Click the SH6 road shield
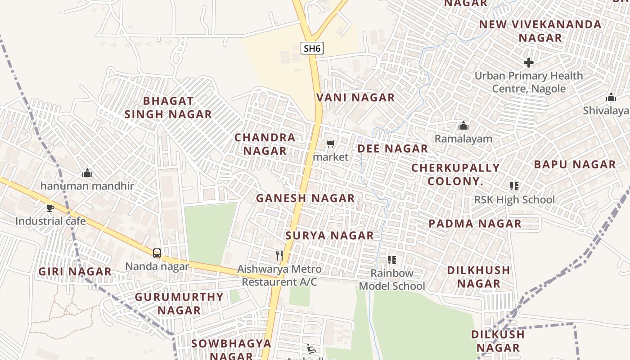(x=312, y=48)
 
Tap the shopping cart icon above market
(x=331, y=144)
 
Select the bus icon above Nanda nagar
(x=157, y=253)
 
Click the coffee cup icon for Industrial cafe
(x=50, y=208)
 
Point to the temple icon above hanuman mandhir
(x=87, y=173)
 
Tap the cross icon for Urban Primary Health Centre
(x=529, y=62)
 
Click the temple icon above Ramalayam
(x=463, y=126)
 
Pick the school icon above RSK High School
(x=514, y=186)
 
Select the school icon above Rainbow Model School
(x=392, y=260)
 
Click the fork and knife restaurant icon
(x=279, y=256)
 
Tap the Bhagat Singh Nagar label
(x=168, y=108)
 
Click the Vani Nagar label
(x=355, y=98)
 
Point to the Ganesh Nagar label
(x=305, y=198)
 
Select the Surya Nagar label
(x=329, y=235)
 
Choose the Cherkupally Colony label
(x=455, y=174)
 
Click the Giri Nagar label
(x=75, y=271)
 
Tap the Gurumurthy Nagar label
(x=179, y=303)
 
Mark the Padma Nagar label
(x=475, y=224)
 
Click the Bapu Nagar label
(x=575, y=165)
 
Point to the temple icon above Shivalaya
(x=611, y=97)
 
